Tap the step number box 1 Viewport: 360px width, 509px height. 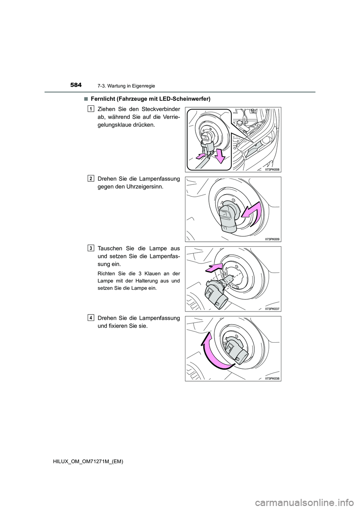pyautogui.click(x=91, y=109)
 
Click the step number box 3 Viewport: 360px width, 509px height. pyautogui.click(x=91, y=248)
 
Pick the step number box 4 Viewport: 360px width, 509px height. pyautogui.click(x=91, y=318)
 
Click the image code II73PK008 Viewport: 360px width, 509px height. pyautogui.click(x=272, y=169)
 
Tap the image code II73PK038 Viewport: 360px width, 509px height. pyautogui.click(x=272, y=379)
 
